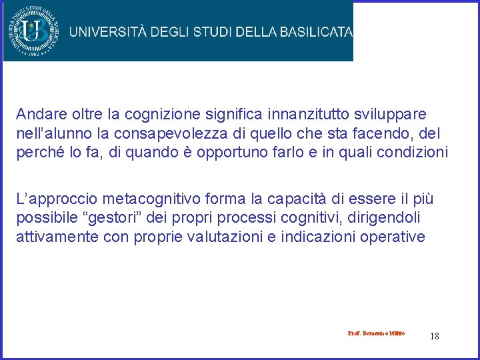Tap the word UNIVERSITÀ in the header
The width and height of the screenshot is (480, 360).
[107, 31]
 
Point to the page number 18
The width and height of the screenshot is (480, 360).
[435, 336]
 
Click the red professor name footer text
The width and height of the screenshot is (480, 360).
[376, 333]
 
